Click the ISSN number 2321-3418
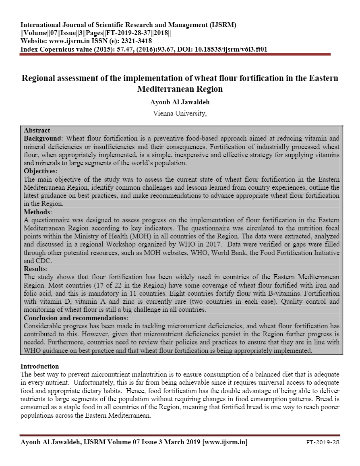click(x=137, y=41)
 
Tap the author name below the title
click(x=180, y=102)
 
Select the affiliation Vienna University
click(x=180, y=113)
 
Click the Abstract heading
click(x=37, y=130)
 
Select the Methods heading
click(x=37, y=211)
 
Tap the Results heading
click(x=35, y=269)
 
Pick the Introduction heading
click(x=39, y=366)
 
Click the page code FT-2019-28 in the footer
click(x=323, y=443)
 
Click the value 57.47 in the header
click(x=114, y=49)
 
